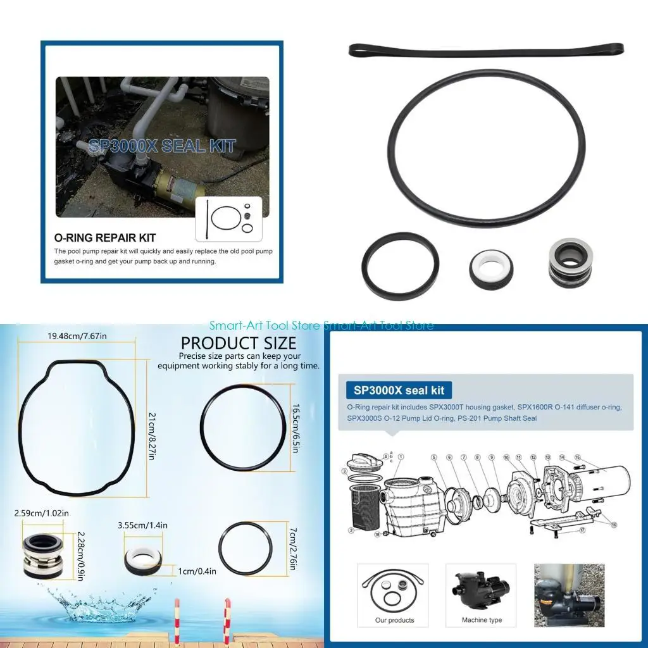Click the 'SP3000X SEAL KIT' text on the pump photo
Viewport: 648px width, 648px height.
coord(162,146)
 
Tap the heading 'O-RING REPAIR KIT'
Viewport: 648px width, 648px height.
coord(105,238)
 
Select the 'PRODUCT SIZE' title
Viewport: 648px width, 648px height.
coord(239,343)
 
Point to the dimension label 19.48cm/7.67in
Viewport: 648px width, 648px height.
coord(78,335)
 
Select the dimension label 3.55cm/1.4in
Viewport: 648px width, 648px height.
coord(142,525)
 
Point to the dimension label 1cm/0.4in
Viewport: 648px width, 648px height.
coord(197,571)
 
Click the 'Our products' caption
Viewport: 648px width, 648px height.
coord(394,620)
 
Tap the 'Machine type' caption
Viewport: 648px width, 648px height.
coord(482,620)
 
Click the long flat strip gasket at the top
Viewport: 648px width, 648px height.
coord(486,51)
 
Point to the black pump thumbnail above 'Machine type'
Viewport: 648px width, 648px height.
coord(482,588)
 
